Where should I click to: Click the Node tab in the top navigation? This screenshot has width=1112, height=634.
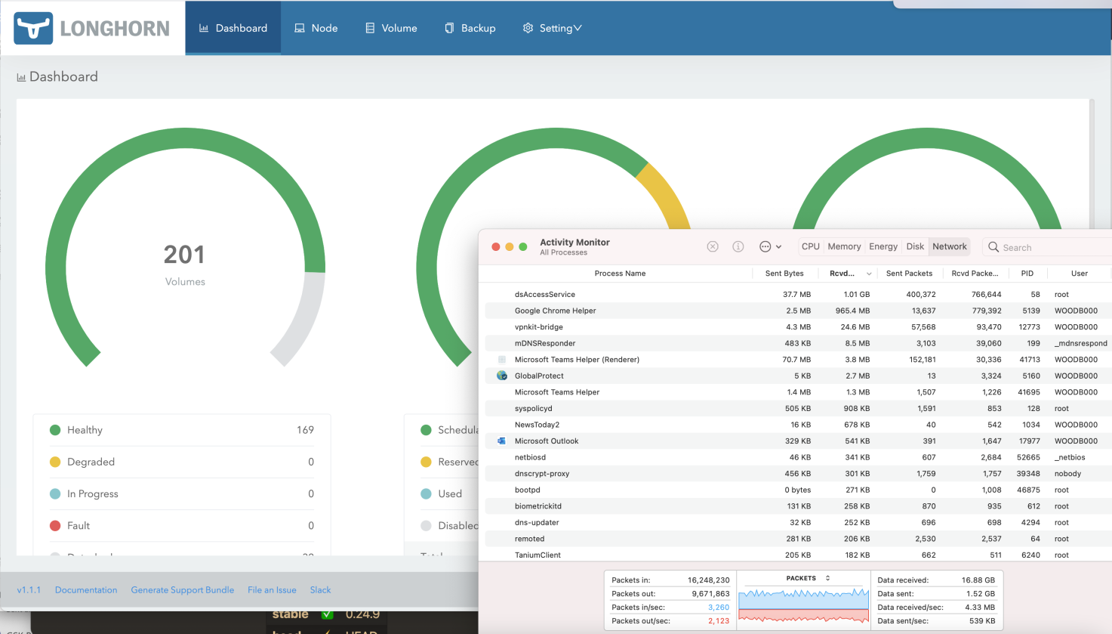click(x=316, y=28)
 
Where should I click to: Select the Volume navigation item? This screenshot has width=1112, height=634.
click(x=391, y=28)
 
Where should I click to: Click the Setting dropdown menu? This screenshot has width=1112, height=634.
click(x=552, y=28)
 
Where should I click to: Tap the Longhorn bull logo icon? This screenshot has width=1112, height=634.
click(x=33, y=28)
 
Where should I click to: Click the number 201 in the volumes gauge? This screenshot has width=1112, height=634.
click(x=184, y=255)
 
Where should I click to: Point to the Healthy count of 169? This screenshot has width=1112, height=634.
click(x=305, y=430)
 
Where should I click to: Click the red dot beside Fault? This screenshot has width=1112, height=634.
click(x=55, y=526)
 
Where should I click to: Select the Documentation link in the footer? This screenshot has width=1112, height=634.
click(x=86, y=590)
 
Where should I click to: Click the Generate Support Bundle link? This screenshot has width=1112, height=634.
click(x=183, y=590)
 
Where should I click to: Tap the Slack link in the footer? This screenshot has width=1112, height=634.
click(x=320, y=590)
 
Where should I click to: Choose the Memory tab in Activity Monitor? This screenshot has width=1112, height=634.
click(x=844, y=246)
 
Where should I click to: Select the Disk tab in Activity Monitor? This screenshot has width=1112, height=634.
click(x=915, y=246)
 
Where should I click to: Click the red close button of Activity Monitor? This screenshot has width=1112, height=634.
click(x=496, y=247)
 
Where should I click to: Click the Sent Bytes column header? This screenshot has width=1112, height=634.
click(x=784, y=274)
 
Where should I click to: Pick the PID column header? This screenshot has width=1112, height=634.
click(x=1027, y=274)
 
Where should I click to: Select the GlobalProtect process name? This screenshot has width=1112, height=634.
click(x=539, y=376)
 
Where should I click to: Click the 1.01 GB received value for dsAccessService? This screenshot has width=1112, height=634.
click(x=856, y=295)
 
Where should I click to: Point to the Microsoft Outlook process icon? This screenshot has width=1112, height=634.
click(x=502, y=441)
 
